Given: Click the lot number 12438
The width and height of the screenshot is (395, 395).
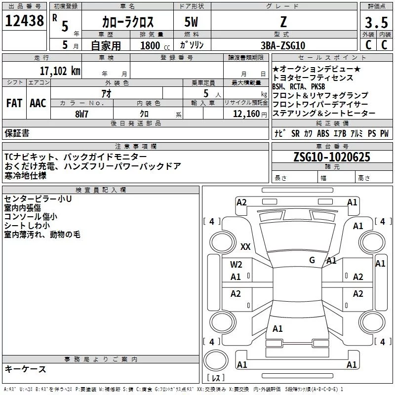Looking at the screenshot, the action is [x=25, y=21].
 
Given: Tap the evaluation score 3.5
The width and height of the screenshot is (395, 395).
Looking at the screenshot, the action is [x=375, y=23].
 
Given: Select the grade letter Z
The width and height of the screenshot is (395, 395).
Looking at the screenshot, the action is [x=282, y=22].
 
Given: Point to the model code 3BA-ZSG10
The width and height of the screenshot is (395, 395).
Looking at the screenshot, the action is [x=283, y=45].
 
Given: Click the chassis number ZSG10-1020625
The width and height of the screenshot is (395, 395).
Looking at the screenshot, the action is [x=331, y=157].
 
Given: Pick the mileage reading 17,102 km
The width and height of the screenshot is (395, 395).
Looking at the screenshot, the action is [x=60, y=71].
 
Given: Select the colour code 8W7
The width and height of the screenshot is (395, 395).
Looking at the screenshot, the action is [x=81, y=113].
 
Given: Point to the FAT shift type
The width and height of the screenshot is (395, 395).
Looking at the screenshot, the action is [x=14, y=103].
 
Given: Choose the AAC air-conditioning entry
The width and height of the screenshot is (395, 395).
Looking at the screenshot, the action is [x=38, y=103].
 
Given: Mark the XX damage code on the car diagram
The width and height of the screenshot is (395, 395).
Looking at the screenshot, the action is [x=245, y=247].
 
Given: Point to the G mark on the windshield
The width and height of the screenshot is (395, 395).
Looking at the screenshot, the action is [x=312, y=260].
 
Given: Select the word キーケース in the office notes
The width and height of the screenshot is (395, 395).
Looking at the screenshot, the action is [x=26, y=369].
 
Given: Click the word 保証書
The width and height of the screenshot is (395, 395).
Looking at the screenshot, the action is [x=17, y=133].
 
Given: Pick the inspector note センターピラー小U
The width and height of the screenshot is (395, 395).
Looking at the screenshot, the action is [x=38, y=199].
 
